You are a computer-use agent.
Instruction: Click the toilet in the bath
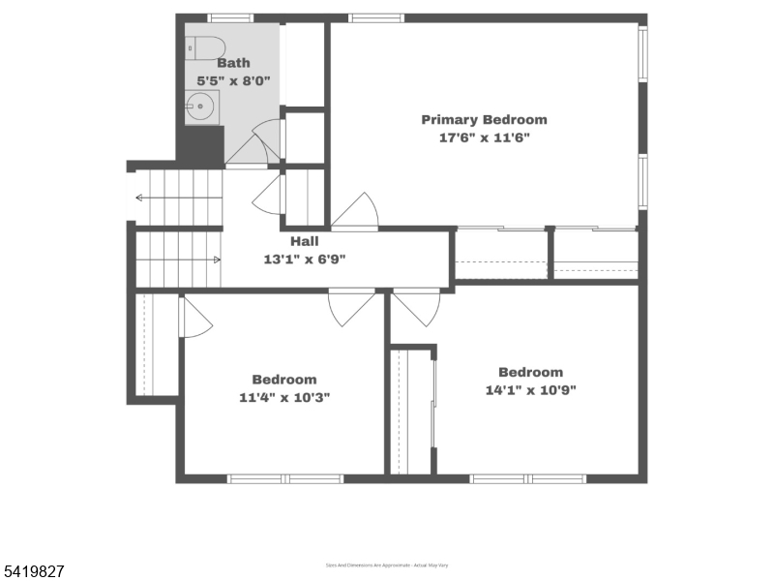204,46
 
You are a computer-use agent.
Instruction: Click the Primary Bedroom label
484,120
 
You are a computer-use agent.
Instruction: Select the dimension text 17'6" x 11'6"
484,138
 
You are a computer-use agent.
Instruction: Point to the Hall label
306,241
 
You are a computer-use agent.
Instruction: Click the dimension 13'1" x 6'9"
306,259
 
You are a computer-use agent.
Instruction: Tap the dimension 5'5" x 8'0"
233,81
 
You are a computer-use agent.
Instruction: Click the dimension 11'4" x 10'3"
284,397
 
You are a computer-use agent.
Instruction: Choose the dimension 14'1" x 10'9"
530,390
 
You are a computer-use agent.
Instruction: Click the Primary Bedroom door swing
356,212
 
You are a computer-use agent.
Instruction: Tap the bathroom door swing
257,145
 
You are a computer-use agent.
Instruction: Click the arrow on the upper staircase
141,198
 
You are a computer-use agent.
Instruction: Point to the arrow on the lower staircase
215,260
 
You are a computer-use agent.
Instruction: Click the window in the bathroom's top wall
230,17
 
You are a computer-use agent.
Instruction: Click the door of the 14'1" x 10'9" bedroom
416,306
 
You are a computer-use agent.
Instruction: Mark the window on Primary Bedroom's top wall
376,17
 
